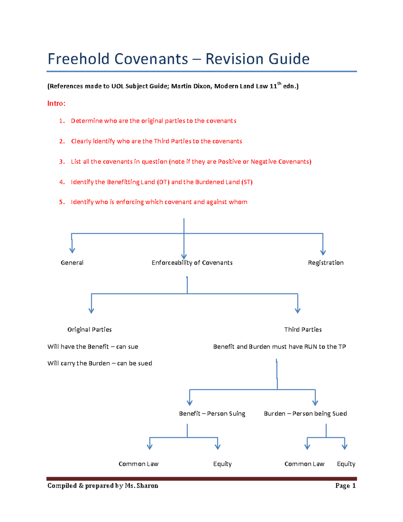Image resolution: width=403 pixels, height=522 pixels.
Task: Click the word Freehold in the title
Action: click(x=79, y=59)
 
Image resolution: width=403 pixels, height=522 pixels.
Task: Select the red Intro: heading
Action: click(x=56, y=104)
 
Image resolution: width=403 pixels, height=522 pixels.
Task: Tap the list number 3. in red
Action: click(x=62, y=162)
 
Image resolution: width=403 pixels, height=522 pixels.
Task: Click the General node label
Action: click(x=72, y=263)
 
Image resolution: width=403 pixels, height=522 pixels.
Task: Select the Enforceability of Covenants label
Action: click(x=192, y=263)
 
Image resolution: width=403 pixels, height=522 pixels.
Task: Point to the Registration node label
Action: click(x=325, y=263)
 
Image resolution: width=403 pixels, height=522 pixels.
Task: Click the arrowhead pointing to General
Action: click(x=72, y=250)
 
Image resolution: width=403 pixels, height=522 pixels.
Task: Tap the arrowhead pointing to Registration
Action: click(x=323, y=252)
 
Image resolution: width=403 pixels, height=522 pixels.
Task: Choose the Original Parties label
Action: click(x=89, y=330)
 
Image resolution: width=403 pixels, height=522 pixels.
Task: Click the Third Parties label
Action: click(x=303, y=330)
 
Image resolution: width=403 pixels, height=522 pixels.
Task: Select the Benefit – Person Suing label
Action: click(x=212, y=414)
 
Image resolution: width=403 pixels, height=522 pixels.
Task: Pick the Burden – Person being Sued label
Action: click(x=305, y=414)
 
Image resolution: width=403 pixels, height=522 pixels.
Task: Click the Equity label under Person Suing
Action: click(x=222, y=464)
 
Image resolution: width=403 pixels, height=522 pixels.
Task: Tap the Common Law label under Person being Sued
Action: click(x=304, y=464)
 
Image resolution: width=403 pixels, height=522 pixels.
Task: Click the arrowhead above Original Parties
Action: click(x=91, y=311)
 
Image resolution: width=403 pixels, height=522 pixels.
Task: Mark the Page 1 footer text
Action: click(x=345, y=486)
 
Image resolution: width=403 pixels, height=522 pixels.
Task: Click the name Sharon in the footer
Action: click(x=147, y=486)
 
